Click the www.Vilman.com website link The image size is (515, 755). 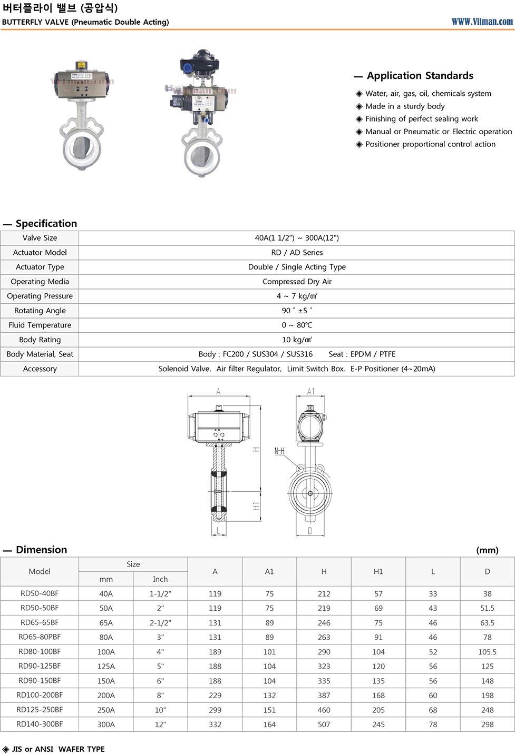pyautogui.click(x=482, y=22)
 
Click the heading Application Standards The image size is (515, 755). pyautogui.click(x=420, y=76)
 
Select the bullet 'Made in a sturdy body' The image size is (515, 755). pyautogui.click(x=405, y=106)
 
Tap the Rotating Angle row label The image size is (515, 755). pyautogui.click(x=40, y=311)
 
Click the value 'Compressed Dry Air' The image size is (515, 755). pyautogui.click(x=297, y=282)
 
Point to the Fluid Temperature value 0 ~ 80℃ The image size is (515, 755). pyautogui.click(x=297, y=325)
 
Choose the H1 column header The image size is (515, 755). pyautogui.click(x=378, y=572)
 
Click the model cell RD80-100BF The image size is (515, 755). pyautogui.click(x=40, y=652)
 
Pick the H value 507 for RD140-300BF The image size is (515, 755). pyautogui.click(x=324, y=724)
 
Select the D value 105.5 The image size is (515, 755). pyautogui.click(x=487, y=652)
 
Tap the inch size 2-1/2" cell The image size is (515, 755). pyautogui.click(x=160, y=623)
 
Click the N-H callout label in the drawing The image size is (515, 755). pyautogui.click(x=279, y=451)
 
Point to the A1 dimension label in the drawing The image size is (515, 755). pyautogui.click(x=311, y=392)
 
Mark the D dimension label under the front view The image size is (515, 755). pyautogui.click(x=310, y=531)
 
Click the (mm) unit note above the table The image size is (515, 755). pyautogui.click(x=487, y=550)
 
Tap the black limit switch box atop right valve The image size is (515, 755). pyautogui.click(x=200, y=62)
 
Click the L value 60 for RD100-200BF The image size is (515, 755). pyautogui.click(x=433, y=696)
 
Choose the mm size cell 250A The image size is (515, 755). pyautogui.click(x=106, y=710)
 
